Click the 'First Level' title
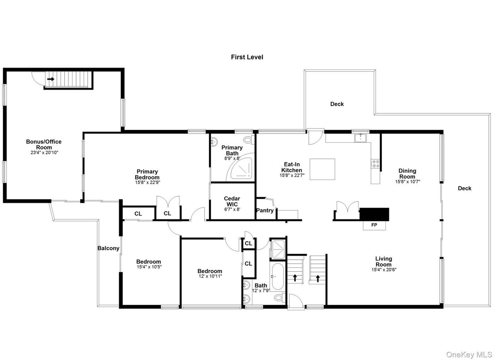tap(247, 57)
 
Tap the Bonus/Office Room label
tap(43, 145)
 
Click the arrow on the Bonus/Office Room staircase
tap(51, 79)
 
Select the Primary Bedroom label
tap(147, 174)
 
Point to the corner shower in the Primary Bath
tap(240, 169)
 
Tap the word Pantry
tap(265, 210)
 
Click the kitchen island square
tap(323, 169)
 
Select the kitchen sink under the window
tap(360, 138)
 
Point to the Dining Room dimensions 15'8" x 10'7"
tap(407, 182)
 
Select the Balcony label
tap(109, 248)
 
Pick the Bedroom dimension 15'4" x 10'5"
tap(149, 267)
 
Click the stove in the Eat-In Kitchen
tap(375, 164)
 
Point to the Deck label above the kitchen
tap(337, 104)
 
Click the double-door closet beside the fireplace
tap(347, 210)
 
